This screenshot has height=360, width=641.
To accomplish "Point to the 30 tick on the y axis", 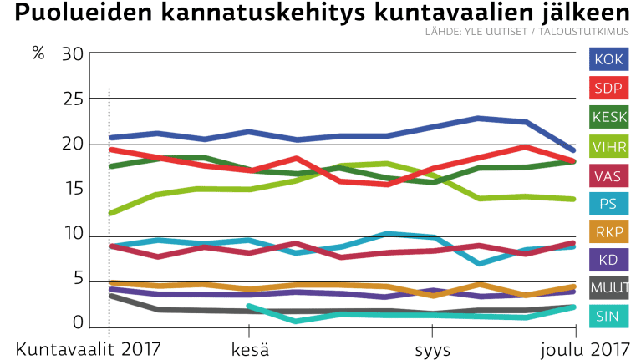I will click(x=74, y=54).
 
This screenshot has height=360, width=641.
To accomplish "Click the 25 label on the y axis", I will click(x=74, y=99).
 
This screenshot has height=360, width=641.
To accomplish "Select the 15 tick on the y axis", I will click(x=74, y=190).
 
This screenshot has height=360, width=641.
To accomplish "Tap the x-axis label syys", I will click(x=433, y=347).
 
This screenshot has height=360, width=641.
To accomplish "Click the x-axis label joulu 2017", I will click(x=585, y=347).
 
